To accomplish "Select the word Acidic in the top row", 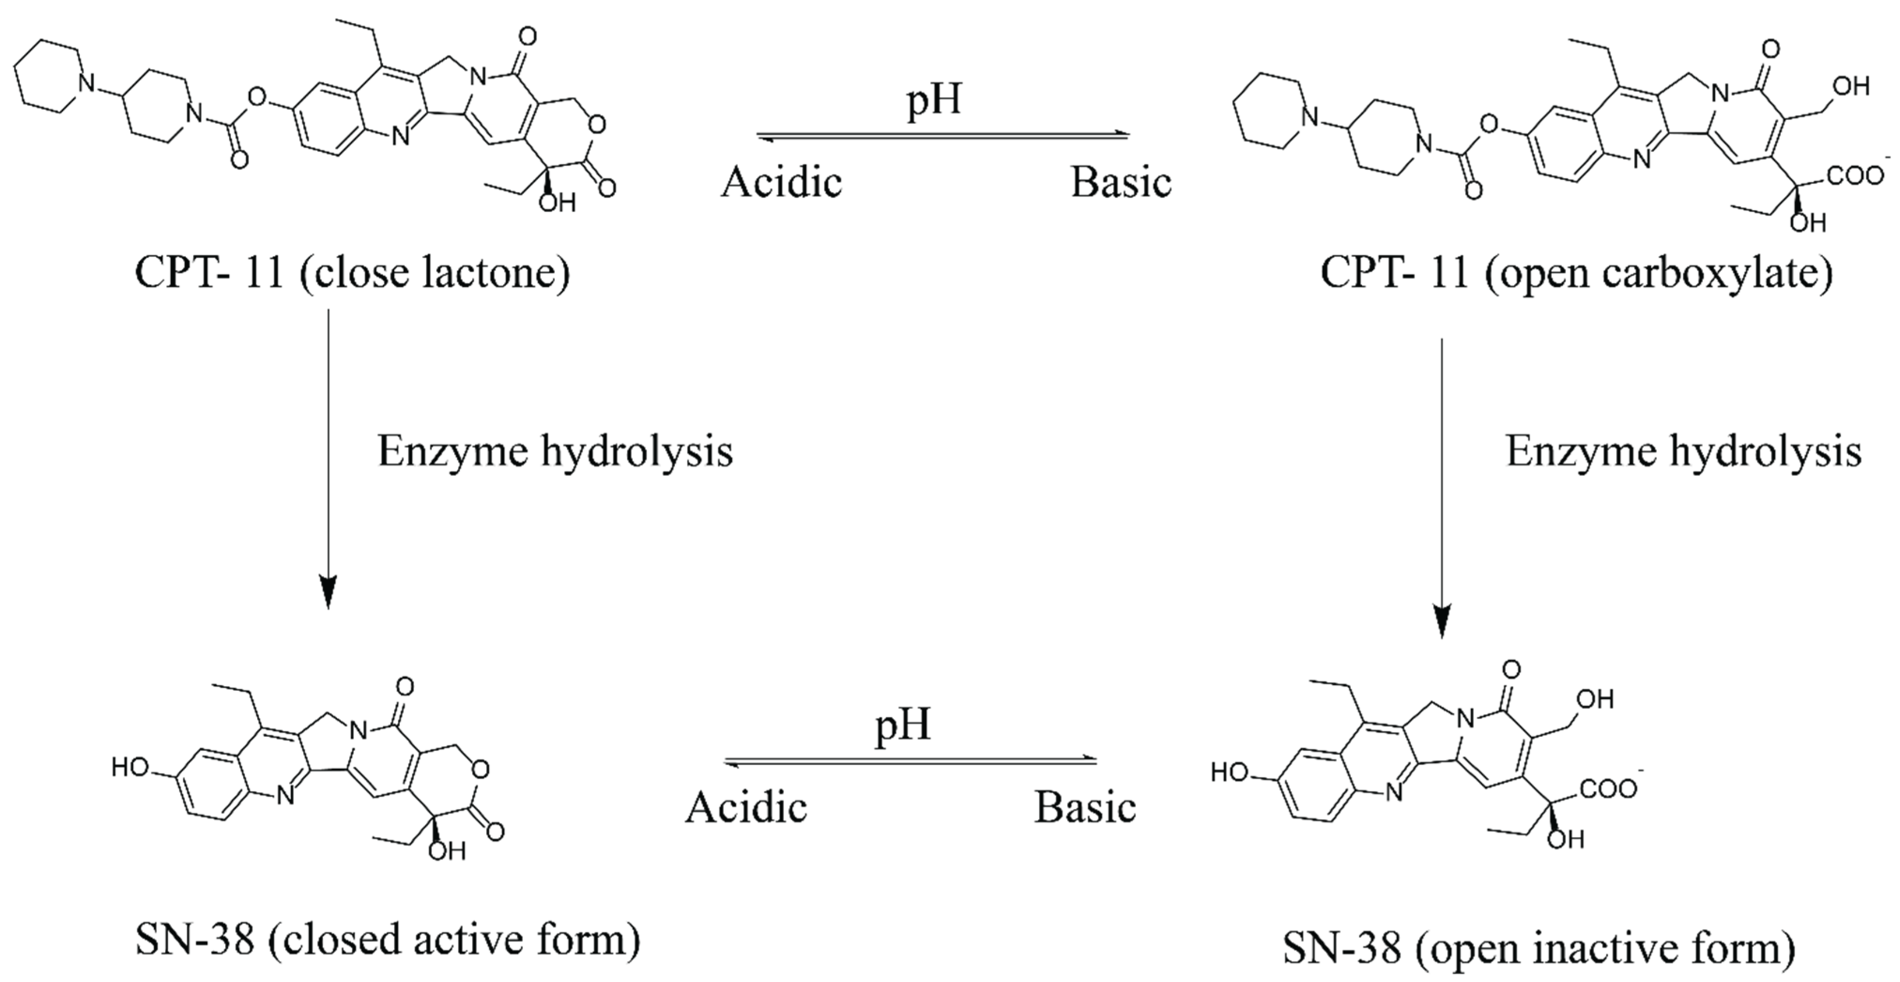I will pos(781,182).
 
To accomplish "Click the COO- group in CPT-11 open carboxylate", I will pos(1856,177).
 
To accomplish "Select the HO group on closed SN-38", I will pos(130,769).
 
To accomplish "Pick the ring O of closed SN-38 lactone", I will pos(480,771).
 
